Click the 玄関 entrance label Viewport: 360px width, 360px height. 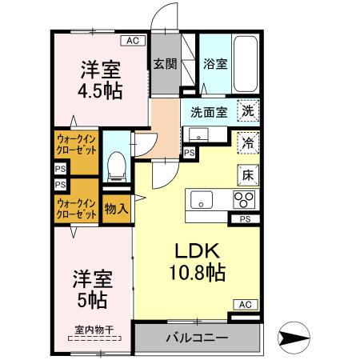(x=165, y=64)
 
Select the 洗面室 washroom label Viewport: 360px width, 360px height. (x=207, y=113)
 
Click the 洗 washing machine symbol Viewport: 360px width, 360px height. (x=250, y=113)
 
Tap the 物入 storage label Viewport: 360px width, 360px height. (x=116, y=209)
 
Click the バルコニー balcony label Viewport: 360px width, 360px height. (x=196, y=337)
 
